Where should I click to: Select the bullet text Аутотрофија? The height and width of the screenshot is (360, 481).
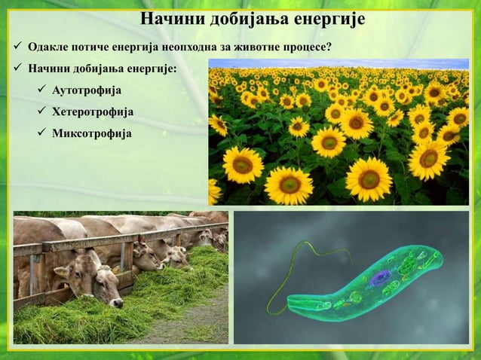point(86,91)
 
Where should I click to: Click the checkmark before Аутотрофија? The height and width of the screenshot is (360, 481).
point(41,91)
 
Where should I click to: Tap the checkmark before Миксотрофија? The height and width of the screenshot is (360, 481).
point(41,133)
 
